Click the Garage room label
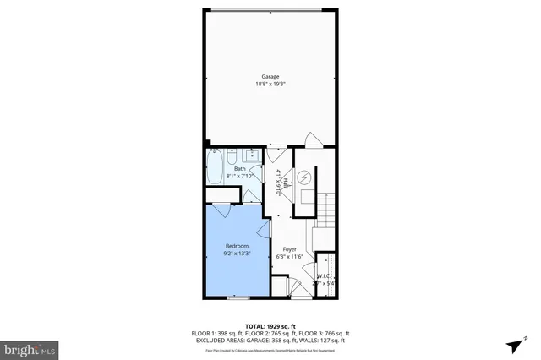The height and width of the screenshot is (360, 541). coord(270,76)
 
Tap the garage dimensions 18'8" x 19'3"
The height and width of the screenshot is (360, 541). coord(270,84)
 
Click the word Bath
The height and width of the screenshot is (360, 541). coord(240,168)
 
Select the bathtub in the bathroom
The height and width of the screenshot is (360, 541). coord(214,166)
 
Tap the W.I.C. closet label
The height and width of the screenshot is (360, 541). coord(324,276)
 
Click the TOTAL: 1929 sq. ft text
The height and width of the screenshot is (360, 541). coord(270,326)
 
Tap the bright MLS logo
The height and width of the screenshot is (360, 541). coord(30,347)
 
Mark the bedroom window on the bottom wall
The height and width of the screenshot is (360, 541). coord(238,297)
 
